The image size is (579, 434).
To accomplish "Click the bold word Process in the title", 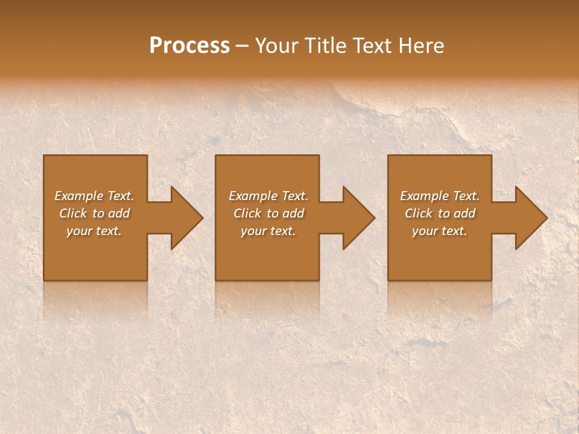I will point(189,46).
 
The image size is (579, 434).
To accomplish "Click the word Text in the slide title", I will point(373,46).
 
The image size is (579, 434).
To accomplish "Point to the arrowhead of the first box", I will point(184,218).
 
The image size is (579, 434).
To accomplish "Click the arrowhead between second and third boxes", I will point(356,218).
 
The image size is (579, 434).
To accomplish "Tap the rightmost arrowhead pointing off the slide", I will point(529,218).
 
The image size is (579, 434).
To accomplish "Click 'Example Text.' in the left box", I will point(94,196).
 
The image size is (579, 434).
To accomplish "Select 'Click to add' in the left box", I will point(94,213).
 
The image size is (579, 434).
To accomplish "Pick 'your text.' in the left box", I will point(94,231).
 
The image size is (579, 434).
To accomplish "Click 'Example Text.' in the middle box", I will point(268,196).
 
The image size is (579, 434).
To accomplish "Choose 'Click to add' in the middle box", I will point(268,213).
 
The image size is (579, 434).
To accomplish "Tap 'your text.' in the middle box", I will point(268,231).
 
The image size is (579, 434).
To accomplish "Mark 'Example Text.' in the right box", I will point(440,196).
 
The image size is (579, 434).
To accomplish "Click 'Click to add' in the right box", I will point(440,213).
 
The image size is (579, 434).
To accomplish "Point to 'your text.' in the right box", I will point(440,231).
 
